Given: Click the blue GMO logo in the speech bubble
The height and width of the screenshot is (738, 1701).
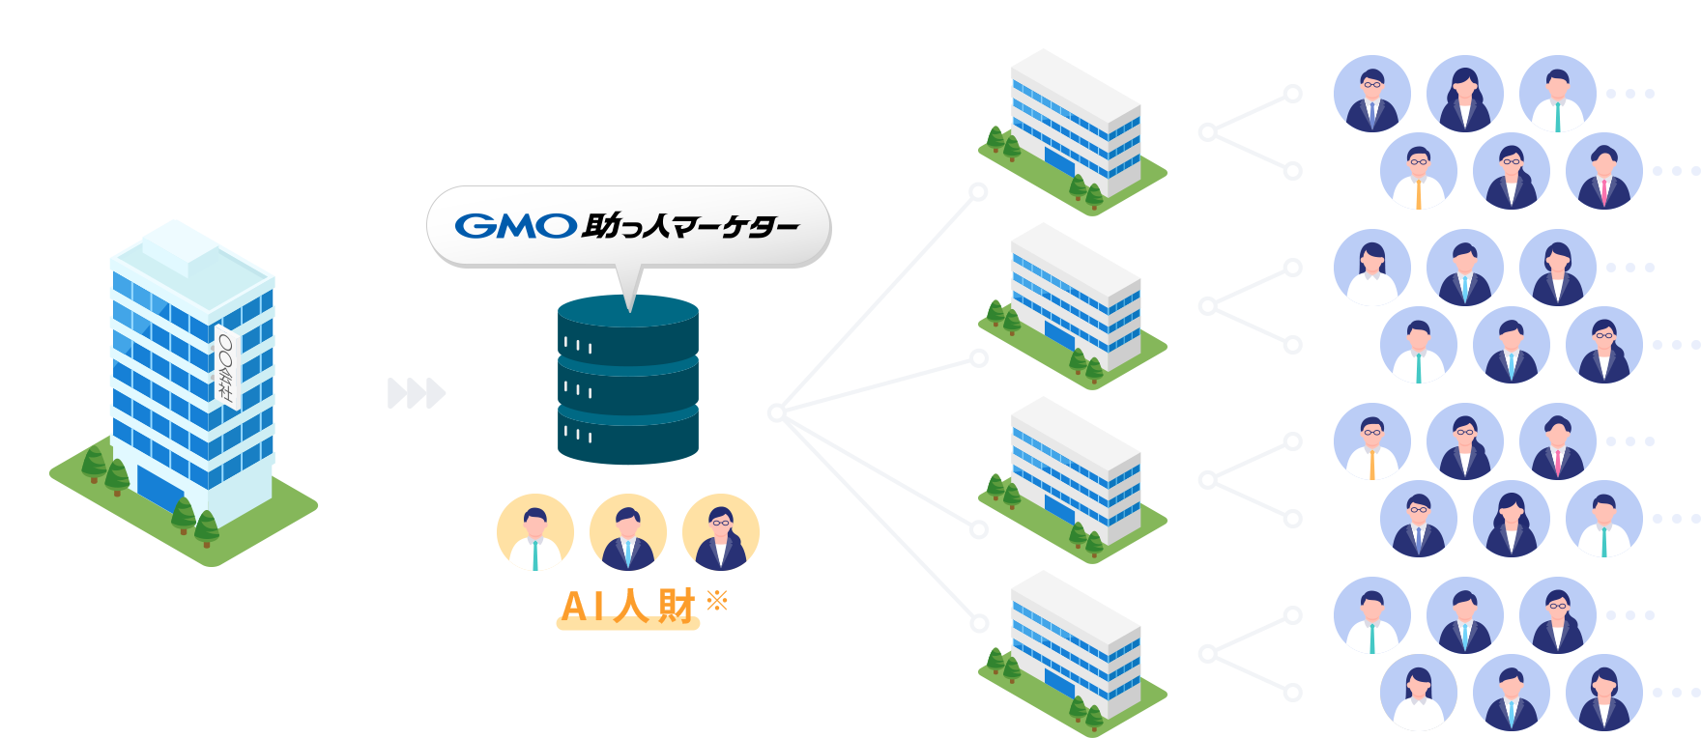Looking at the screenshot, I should tap(516, 226).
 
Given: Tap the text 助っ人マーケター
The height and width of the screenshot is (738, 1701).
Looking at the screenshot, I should tap(690, 227).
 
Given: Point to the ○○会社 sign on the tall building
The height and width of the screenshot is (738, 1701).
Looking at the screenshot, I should tap(226, 367).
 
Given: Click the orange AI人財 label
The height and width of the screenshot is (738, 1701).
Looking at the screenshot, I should tap(628, 607).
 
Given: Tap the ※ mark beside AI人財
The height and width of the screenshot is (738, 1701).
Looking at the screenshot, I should tap(717, 601).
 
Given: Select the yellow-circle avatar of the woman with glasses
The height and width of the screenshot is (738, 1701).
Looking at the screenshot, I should tap(721, 532).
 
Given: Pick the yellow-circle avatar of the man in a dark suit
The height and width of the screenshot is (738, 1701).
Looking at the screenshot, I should tap(628, 532).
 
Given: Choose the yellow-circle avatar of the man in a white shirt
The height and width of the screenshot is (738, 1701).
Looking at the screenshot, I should tap(535, 532).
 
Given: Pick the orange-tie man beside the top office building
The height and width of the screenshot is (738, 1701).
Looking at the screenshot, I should tap(1419, 171).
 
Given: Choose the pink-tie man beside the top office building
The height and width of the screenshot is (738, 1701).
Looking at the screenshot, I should tap(1604, 171).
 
